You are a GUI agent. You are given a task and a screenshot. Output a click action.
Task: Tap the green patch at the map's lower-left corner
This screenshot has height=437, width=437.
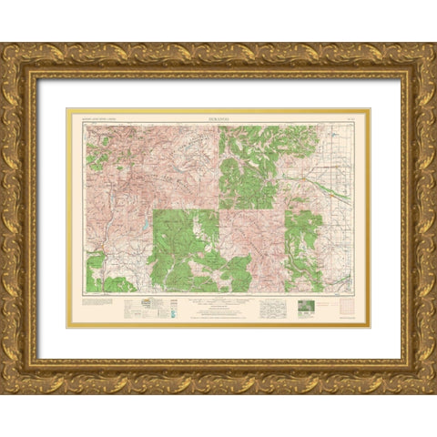[97, 273]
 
